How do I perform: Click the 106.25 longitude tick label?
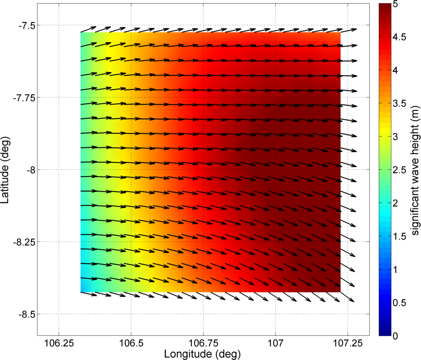pyautogui.click(x=59, y=343)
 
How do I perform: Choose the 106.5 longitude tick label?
pyautogui.click(x=131, y=343)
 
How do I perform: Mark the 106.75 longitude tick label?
pyautogui.click(x=203, y=343)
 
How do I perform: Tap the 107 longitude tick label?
pyautogui.click(x=275, y=343)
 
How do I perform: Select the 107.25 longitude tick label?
pyautogui.click(x=347, y=343)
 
